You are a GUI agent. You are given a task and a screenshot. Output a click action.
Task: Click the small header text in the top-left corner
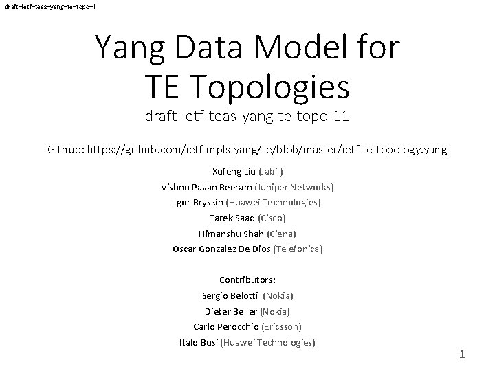(x=51, y=6)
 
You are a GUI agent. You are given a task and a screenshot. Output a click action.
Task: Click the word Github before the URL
(x=68, y=148)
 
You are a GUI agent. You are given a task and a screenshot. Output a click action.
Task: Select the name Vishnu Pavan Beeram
(x=206, y=186)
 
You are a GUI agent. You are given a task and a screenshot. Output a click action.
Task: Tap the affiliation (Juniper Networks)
(x=294, y=186)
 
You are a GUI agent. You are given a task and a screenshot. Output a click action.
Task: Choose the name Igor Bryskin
(x=199, y=202)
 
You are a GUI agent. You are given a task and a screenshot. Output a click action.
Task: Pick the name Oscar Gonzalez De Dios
(x=221, y=249)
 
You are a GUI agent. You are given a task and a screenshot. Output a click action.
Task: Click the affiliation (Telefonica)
(x=298, y=249)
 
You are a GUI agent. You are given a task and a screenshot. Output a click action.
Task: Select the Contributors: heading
(x=247, y=280)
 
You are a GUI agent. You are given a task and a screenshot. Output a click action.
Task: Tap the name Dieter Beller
(x=229, y=311)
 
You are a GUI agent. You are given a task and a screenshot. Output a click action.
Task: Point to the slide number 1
(x=462, y=355)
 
